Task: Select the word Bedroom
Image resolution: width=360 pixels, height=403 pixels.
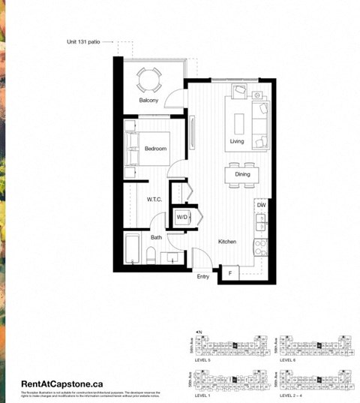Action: (155, 149)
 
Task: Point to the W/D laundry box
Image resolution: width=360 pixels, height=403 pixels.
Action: (182, 218)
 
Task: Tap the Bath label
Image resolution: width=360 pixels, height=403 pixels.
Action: (156, 237)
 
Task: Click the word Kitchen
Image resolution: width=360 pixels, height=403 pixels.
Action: (227, 242)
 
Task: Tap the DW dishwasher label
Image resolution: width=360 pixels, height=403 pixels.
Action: (261, 205)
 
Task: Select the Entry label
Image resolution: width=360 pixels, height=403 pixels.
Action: (203, 277)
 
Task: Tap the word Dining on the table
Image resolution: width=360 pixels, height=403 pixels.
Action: (242, 175)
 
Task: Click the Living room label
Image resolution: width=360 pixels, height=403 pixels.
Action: (238, 141)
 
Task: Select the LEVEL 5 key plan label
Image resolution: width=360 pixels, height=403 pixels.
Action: (203, 359)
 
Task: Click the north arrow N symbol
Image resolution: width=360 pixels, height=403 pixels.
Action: (199, 331)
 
